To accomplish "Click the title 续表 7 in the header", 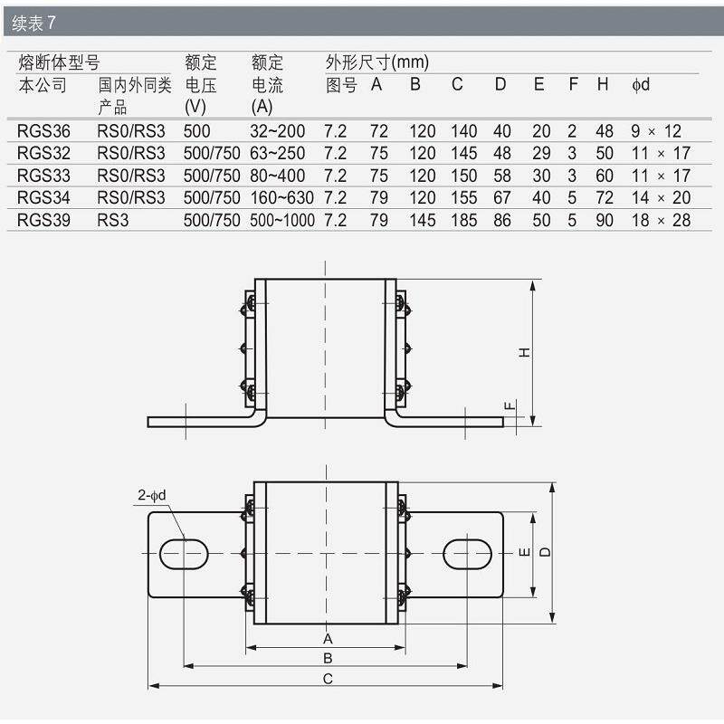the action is pyautogui.click(x=33, y=23).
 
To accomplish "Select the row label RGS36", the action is pyautogui.click(x=43, y=131).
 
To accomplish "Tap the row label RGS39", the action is pyautogui.click(x=43, y=220).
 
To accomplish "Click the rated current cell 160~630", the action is pyautogui.click(x=281, y=198).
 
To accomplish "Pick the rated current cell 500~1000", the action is pyautogui.click(x=282, y=220).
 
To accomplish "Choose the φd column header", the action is pyautogui.click(x=641, y=84).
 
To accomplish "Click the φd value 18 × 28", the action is pyautogui.click(x=661, y=220).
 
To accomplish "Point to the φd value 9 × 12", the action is pyautogui.click(x=656, y=131).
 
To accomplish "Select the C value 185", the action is pyautogui.click(x=463, y=220).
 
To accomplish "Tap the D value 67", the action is pyautogui.click(x=502, y=198).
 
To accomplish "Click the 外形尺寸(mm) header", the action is pyautogui.click(x=377, y=62).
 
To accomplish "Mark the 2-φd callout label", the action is pyautogui.click(x=151, y=495).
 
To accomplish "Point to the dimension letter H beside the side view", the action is pyautogui.click(x=524, y=353).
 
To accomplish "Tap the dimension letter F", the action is pyautogui.click(x=510, y=405).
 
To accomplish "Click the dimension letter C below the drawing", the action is pyautogui.click(x=328, y=679).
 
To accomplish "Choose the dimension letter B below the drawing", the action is pyautogui.click(x=328, y=658).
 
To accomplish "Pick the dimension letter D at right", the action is pyautogui.click(x=545, y=552).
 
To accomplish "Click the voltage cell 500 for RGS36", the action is pyautogui.click(x=196, y=131).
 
